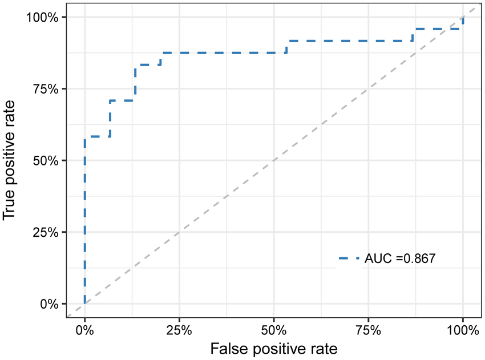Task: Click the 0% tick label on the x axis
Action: point(84,330)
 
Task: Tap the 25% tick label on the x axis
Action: point(179,330)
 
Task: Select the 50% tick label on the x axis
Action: point(273,330)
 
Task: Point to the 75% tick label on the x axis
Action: point(368,330)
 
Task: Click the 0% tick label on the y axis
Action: point(50,304)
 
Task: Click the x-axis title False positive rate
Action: point(273,348)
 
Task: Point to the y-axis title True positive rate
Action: point(10,160)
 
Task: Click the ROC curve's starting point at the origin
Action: point(84,304)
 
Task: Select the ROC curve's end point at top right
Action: point(463,17)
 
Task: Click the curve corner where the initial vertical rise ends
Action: point(84,137)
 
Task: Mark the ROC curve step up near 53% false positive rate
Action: point(286,47)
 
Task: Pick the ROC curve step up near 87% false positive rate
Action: point(413,35)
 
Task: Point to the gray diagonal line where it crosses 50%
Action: point(273,160)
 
